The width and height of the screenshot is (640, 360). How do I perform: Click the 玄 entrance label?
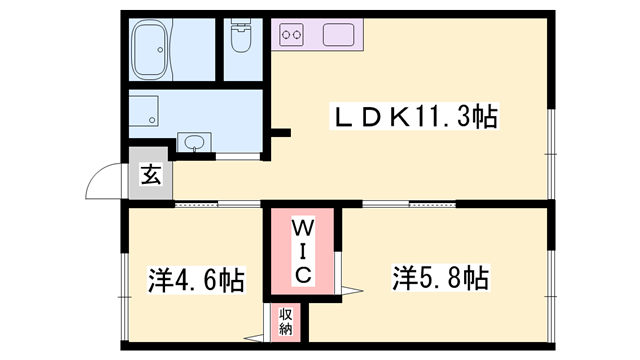(x=150, y=177)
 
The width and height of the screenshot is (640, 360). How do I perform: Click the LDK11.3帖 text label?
(x=415, y=118)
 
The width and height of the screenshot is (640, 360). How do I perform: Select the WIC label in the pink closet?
(x=304, y=250)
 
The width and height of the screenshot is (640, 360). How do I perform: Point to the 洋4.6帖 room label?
(x=196, y=277)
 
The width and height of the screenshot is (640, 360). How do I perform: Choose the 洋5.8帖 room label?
(x=440, y=277)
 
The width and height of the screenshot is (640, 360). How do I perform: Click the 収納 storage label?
(x=285, y=321)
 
